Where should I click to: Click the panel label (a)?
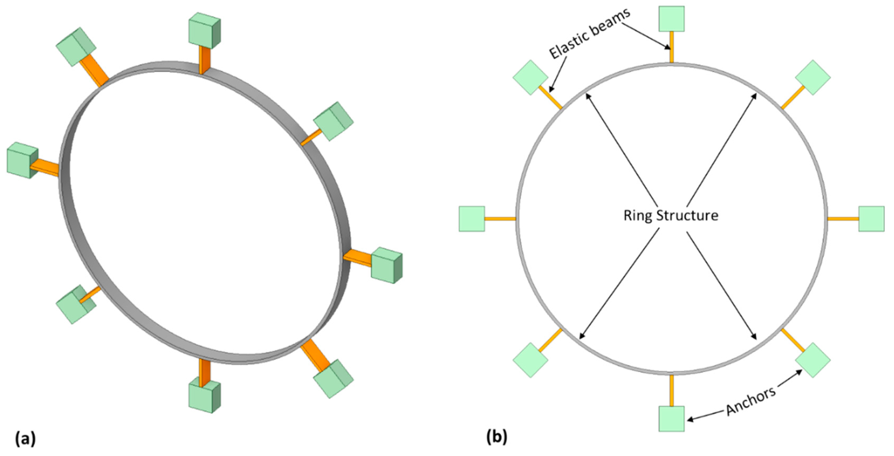[x=25, y=438]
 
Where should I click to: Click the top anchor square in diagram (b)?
[x=672, y=19]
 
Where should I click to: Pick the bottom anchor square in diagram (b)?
[x=672, y=419]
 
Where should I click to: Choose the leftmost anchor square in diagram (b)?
[x=472, y=219]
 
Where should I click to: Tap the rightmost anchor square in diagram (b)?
[x=871, y=219]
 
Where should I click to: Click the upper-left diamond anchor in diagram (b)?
[x=530, y=77]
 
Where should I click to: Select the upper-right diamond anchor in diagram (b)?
[x=813, y=77]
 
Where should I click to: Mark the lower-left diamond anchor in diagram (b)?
[x=530, y=360]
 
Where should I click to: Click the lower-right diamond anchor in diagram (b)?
[x=813, y=360]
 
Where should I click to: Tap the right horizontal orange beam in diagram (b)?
[x=843, y=219]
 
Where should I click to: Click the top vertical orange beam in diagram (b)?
[x=672, y=47]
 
